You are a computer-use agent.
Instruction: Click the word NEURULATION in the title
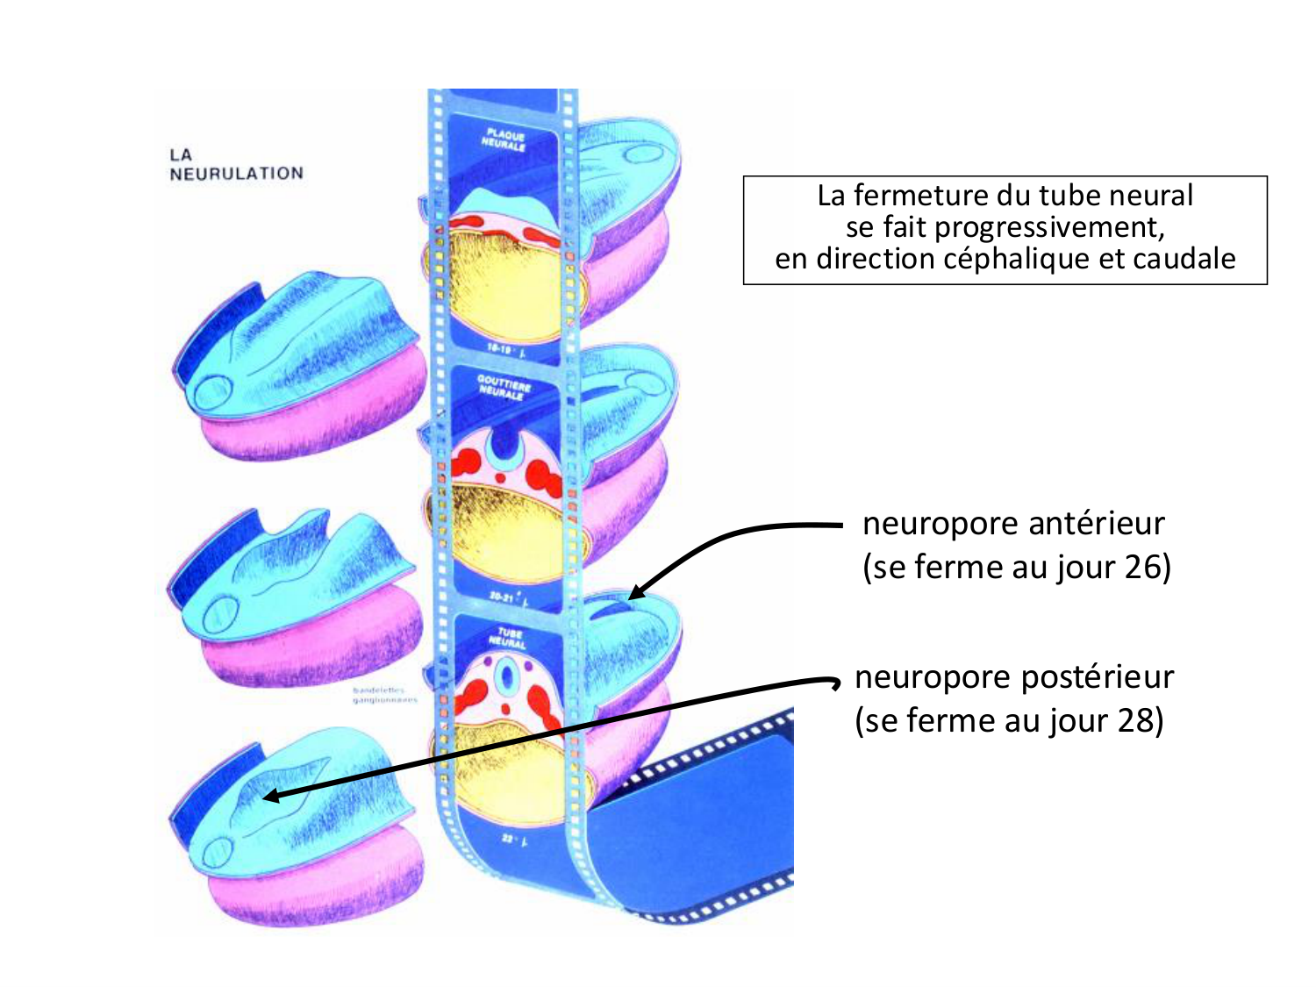(x=236, y=174)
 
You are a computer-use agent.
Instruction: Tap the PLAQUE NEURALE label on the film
(x=504, y=140)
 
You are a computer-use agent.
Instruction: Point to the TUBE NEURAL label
(x=509, y=638)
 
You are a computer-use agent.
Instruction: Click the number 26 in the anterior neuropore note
(x=1142, y=567)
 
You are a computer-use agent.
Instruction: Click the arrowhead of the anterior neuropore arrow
(x=634, y=595)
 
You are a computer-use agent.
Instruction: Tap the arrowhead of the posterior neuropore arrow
(x=269, y=797)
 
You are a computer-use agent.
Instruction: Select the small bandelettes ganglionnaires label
(x=380, y=696)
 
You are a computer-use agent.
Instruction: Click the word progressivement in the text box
(x=1049, y=227)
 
